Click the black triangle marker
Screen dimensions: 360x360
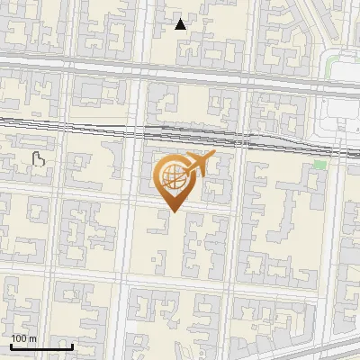pos(181,24)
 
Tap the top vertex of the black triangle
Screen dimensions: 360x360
pos(181,19)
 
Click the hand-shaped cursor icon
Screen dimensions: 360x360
pos(39,159)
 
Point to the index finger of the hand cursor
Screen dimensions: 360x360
pos(36,155)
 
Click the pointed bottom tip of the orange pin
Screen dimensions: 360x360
pos(172,212)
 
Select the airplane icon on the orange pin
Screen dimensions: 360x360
pos(199,164)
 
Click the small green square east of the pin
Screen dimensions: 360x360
pos(319,166)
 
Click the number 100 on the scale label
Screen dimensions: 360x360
pos(18,338)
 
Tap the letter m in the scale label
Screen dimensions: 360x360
pos(32,338)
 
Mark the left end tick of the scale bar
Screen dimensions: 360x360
pos(11,345)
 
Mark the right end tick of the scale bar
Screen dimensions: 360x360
pos(72,345)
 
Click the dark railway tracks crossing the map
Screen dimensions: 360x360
pos(90,125)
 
